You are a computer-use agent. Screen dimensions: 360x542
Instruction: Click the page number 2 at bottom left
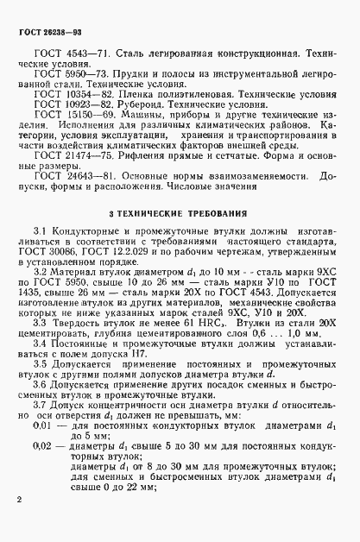(19, 498)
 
